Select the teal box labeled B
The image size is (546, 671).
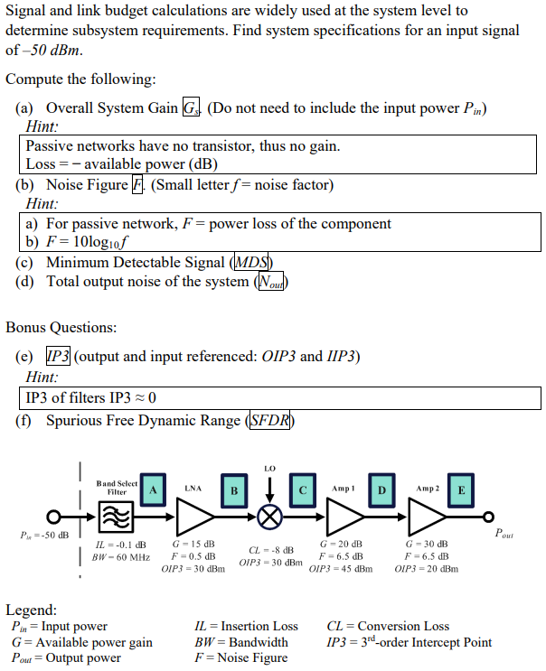(234, 489)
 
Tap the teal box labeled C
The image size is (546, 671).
(303, 489)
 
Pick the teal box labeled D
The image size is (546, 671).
(381, 489)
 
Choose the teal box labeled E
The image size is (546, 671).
(461, 489)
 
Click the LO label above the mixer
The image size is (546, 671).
(269, 469)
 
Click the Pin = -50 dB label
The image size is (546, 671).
(38, 536)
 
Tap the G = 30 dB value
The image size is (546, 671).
(427, 544)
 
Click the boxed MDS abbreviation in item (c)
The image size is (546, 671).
(253, 263)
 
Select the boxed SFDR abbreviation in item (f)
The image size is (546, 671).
(269, 421)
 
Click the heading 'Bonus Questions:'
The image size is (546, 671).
(61, 327)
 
